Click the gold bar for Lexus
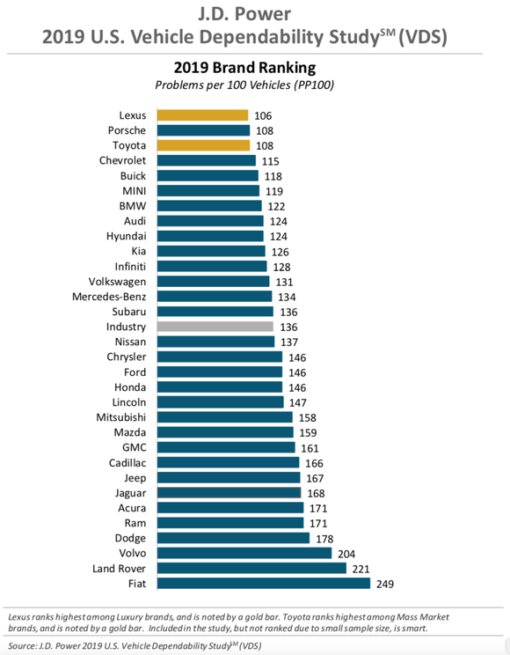[202, 114]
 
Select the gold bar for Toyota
[203, 145]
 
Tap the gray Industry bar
[215, 327]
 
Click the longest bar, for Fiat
[264, 583]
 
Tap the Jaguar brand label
[128, 493]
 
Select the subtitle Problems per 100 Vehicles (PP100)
[245, 85]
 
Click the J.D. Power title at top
[254, 15]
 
